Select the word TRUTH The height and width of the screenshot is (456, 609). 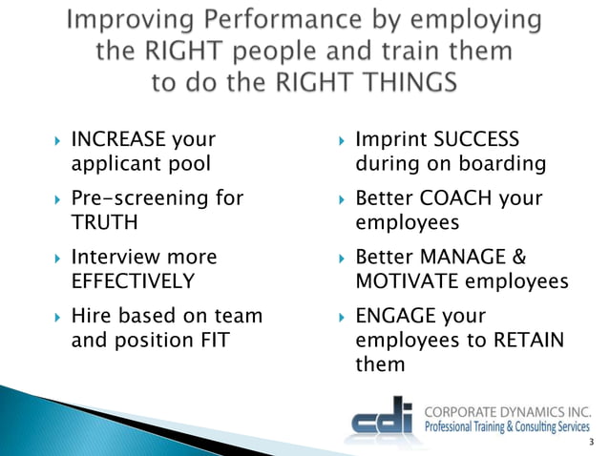[102, 222]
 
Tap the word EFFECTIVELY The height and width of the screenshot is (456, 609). [134, 280]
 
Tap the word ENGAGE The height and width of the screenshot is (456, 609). [393, 316]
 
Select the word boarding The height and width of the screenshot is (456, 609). [502, 164]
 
